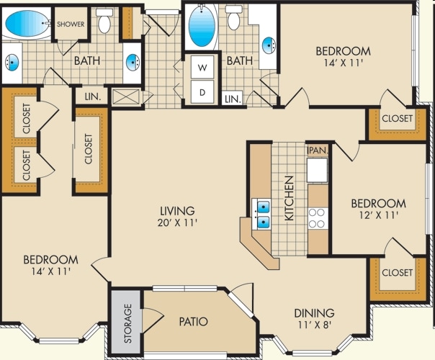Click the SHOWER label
[71, 24]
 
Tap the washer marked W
[202, 67]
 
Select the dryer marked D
[202, 92]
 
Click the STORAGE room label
[127, 323]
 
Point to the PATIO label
[193, 321]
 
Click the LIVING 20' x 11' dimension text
[177, 222]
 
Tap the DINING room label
[314, 313]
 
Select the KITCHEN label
[290, 198]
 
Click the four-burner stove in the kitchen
[317, 218]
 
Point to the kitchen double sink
[261, 214]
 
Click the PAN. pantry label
[318, 150]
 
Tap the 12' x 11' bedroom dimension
[379, 215]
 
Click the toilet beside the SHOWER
[104, 21]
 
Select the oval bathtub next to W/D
[202, 26]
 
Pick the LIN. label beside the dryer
[233, 99]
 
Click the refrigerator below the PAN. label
[318, 170]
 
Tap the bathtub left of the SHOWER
[27, 23]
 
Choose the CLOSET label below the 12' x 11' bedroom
[397, 273]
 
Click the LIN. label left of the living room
[92, 96]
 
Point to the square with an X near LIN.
[127, 96]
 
